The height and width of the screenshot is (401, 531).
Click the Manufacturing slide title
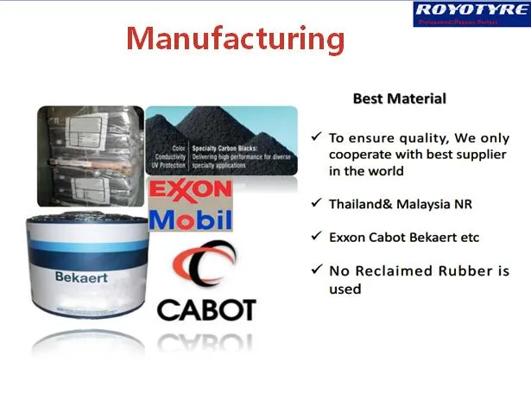(x=235, y=38)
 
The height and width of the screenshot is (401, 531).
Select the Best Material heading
(x=399, y=99)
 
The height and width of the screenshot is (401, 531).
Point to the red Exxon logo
(x=190, y=189)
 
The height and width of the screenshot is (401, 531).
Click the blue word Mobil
(x=190, y=219)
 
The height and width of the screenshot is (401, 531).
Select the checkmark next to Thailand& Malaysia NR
(x=318, y=204)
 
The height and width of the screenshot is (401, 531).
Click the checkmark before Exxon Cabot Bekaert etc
(x=318, y=237)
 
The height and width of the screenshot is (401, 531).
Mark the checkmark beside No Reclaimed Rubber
(x=318, y=271)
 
